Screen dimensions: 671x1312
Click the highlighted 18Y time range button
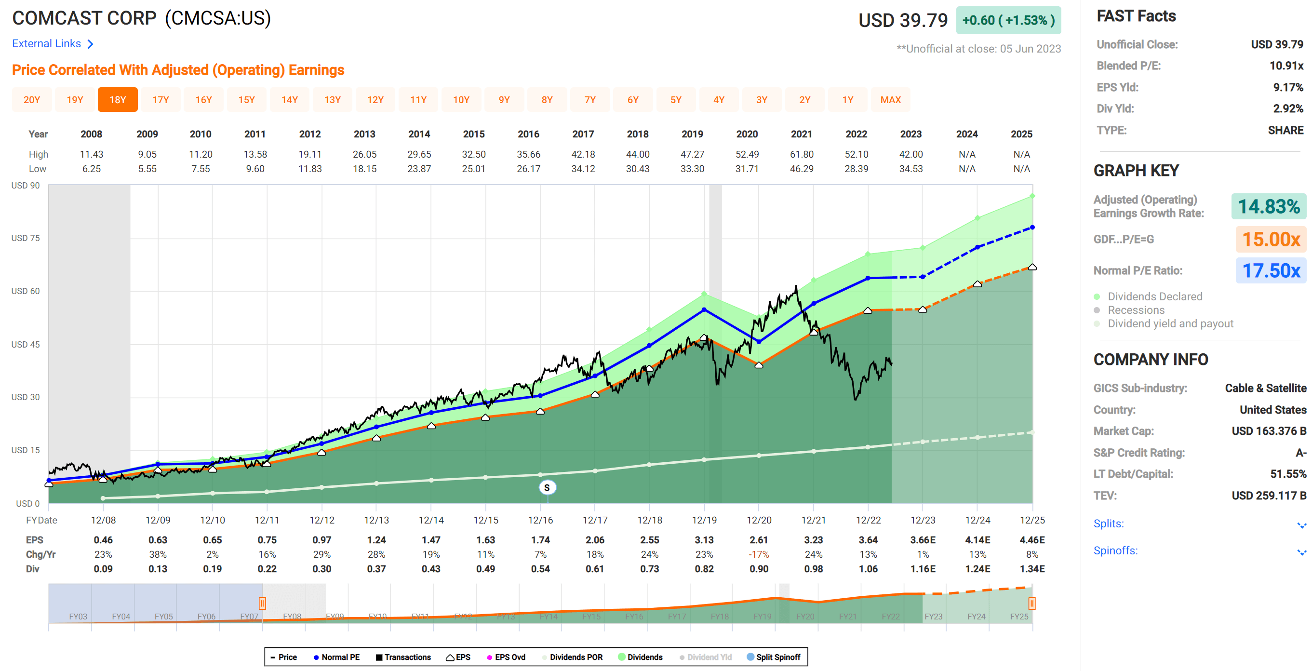118,100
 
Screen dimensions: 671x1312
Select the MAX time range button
890,100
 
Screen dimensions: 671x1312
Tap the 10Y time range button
461,100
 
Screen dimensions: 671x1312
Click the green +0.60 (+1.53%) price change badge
1008,20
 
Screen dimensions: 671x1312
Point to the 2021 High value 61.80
801,154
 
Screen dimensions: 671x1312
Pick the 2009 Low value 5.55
147,169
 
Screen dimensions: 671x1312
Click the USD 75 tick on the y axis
26,238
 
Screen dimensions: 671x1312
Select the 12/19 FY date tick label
704,520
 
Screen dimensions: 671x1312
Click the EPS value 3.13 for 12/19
704,539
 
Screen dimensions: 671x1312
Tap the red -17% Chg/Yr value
758,554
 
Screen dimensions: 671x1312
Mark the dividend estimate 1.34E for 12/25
1032,569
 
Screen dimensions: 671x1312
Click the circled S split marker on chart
547,487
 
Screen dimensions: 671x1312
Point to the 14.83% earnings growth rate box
1268,206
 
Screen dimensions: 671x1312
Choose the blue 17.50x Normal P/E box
1271,270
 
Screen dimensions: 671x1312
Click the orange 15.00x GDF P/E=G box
1271,239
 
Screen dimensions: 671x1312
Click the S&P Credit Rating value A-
1301,453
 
